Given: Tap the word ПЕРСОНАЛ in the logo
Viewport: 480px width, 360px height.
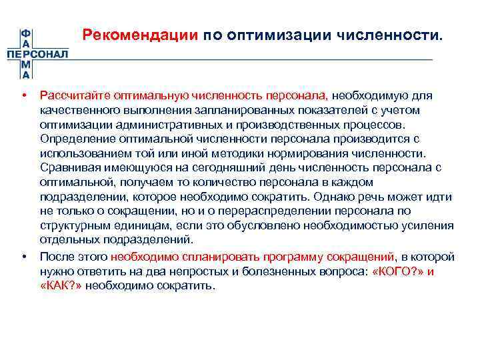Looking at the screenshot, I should coord(37,54).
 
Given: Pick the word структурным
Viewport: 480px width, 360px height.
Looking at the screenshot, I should coord(73,226).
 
